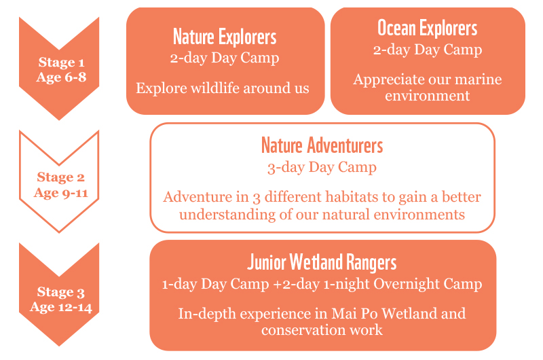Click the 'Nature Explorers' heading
click(225, 37)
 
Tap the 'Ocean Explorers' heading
click(428, 28)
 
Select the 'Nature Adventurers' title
click(322, 145)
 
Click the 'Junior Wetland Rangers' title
click(322, 262)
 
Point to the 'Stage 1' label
click(61, 62)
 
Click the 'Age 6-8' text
click(61, 77)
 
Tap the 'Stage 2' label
click(60, 177)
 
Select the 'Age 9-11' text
click(61, 193)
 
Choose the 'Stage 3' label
click(60, 292)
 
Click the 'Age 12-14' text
click(61, 307)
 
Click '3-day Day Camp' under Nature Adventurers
click(322, 167)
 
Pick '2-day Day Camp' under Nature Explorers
click(225, 58)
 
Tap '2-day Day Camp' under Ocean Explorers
click(428, 50)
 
